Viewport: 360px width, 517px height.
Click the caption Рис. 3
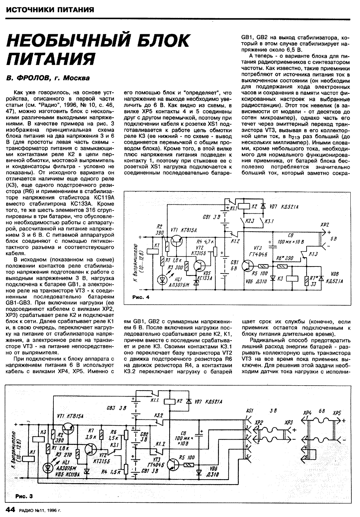coord(24,496)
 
